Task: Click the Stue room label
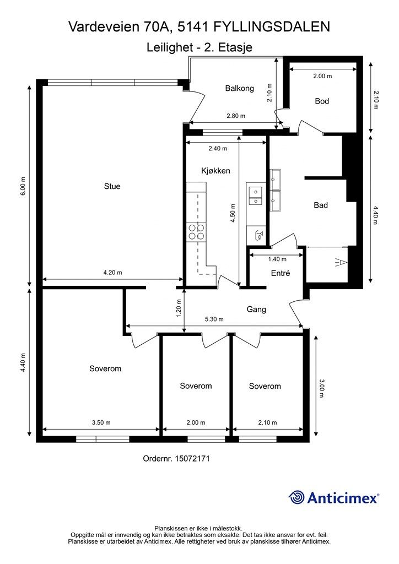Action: click(112, 186)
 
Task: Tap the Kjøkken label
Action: click(215, 171)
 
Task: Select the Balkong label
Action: click(239, 88)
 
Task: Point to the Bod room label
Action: click(322, 101)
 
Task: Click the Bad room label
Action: click(321, 205)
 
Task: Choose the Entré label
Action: click(281, 273)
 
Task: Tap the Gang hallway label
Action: click(256, 310)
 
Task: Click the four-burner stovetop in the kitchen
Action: click(196, 232)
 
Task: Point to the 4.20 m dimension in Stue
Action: click(112, 273)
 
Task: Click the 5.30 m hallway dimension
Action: click(214, 319)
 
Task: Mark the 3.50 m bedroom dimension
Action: click(101, 422)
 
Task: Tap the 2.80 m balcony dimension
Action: click(236, 116)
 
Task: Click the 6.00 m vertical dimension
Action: click(23, 186)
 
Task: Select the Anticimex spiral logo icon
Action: click(296, 497)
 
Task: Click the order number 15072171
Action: click(192, 459)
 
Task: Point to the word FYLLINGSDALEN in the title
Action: click(272, 27)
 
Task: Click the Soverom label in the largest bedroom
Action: click(105, 368)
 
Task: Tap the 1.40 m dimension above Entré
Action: click(277, 259)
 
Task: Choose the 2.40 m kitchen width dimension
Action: click(218, 148)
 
